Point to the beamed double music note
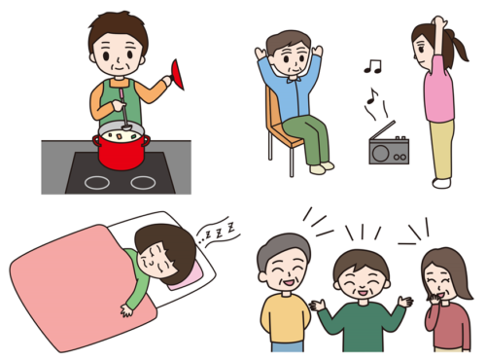pyautogui.click(x=372, y=66)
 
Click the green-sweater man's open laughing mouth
pyautogui.click(x=361, y=289)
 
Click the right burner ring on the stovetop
pyautogui.click(x=143, y=182)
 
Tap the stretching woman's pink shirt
pyautogui.click(x=439, y=92)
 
